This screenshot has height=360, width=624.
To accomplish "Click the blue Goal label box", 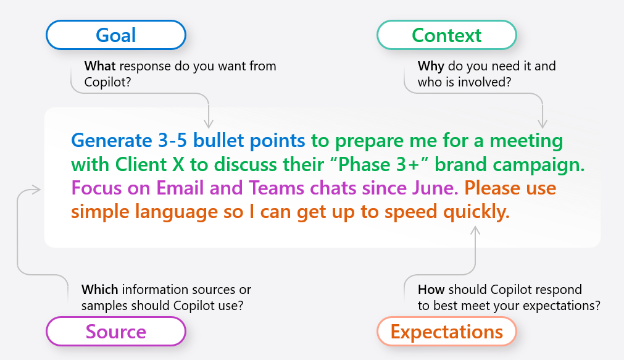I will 117,35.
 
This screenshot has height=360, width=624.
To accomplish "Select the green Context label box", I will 446,35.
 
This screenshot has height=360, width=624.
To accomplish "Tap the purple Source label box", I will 117,330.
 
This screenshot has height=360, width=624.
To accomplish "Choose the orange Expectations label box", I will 446,330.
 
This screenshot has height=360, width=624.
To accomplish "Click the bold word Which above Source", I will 102,287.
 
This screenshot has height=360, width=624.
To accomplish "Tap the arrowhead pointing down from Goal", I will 207,120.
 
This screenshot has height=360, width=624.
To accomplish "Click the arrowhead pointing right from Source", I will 38,187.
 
